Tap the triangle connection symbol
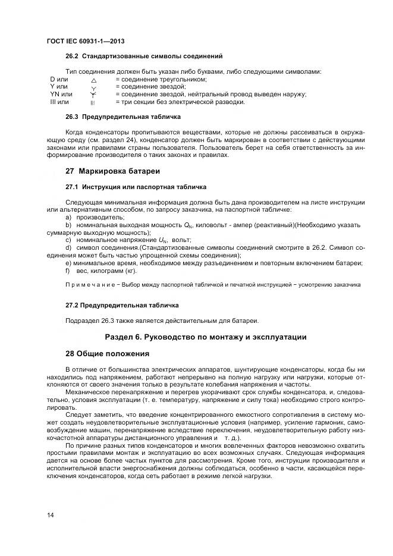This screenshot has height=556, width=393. point(93,80)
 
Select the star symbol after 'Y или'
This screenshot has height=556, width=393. point(93,87)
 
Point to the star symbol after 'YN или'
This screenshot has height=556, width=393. point(93,95)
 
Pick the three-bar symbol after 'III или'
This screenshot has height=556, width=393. point(93,102)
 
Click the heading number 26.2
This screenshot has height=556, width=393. point(73,57)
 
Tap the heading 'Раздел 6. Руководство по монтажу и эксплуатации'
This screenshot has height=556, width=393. point(206,337)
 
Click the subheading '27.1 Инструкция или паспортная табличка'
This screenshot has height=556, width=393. point(136,187)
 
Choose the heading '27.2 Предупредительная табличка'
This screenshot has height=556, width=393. point(122,305)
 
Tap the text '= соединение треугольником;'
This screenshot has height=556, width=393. point(161,80)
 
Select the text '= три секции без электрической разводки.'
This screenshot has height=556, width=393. point(180,102)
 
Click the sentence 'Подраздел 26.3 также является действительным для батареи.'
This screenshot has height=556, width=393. point(162,321)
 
